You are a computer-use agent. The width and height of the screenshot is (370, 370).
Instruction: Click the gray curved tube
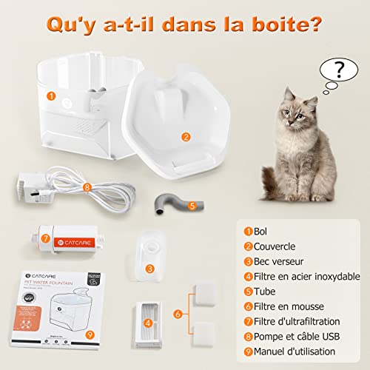pyautogui.click(x=169, y=201)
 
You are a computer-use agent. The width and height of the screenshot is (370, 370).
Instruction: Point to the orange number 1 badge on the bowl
pyautogui.click(x=51, y=95)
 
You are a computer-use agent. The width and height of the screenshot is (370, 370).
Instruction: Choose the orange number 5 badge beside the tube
pyautogui.click(x=192, y=206)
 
